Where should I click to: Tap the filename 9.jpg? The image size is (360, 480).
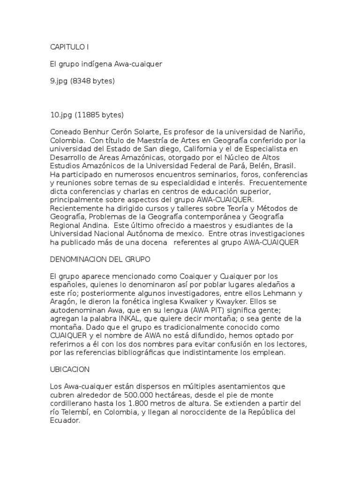point(60,81)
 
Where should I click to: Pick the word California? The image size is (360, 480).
point(184,149)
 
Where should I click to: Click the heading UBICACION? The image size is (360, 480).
point(70,369)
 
